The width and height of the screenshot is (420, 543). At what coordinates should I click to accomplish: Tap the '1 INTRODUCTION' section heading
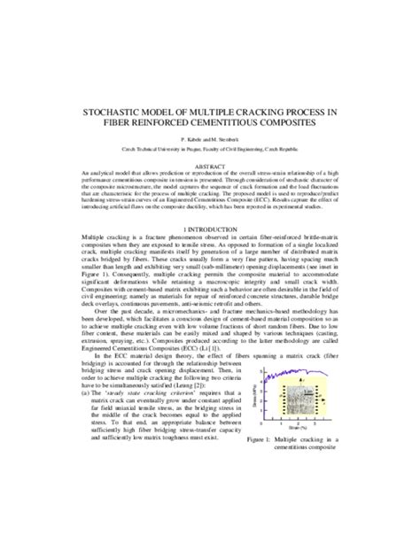coord(210,228)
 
